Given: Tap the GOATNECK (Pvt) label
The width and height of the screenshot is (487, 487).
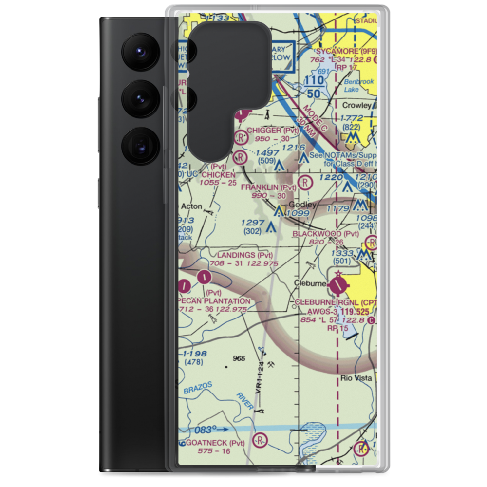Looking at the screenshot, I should pos(215,443).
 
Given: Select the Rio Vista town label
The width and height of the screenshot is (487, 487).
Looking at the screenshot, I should pos(356,378).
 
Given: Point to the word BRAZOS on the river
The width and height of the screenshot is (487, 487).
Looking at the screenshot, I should pos(198,389).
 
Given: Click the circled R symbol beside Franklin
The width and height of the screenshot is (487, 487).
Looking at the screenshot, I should pos(304,183).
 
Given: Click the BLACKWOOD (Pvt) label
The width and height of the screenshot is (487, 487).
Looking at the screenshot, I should pos(325,234).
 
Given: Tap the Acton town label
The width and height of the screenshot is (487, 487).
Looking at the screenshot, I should pos(191,206).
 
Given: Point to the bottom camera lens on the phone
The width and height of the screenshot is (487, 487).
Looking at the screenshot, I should pos(138,145).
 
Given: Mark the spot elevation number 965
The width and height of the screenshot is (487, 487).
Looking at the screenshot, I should pos(239,358).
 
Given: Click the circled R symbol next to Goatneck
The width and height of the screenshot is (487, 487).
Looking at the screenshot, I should pos(261,441).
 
